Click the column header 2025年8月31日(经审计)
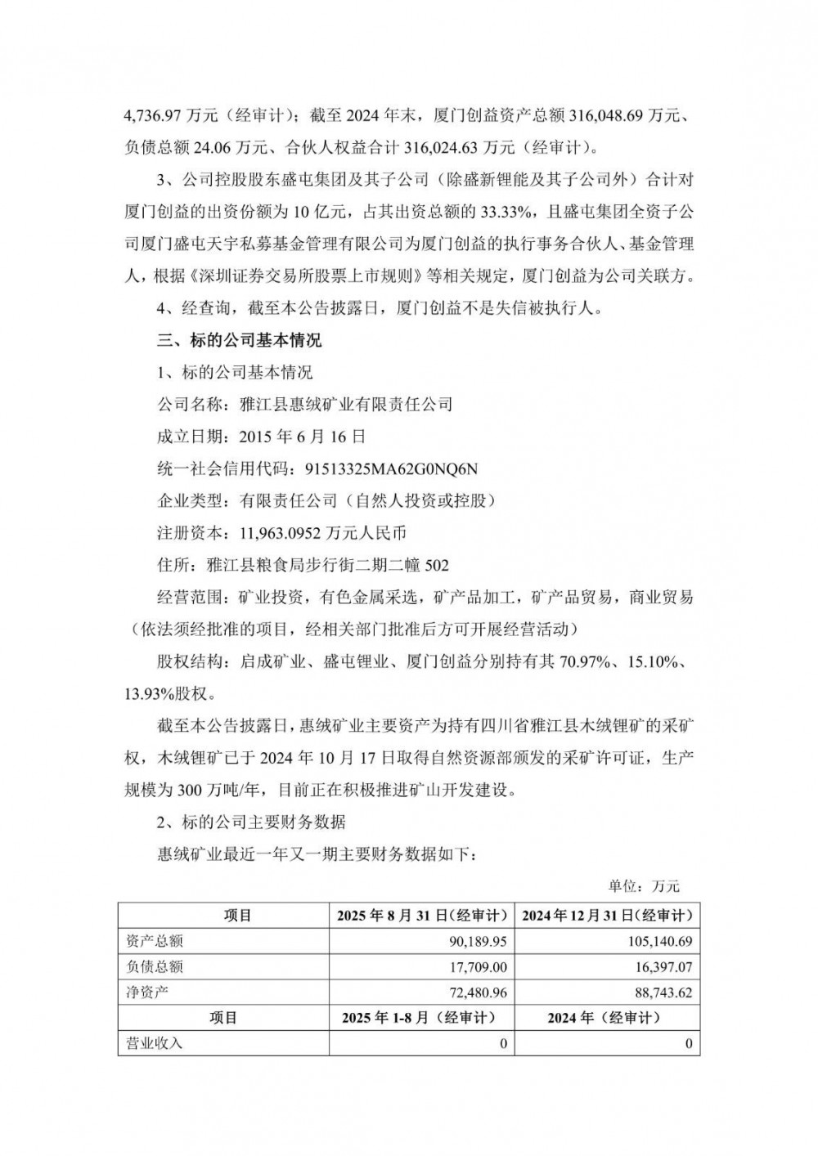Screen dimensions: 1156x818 coord(420,916)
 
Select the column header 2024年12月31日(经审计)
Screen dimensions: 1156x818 coord(607,916)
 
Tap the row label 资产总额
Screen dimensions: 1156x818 coord(155,941)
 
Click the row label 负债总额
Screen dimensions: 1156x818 coord(155,967)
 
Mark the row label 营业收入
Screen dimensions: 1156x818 coord(155,1043)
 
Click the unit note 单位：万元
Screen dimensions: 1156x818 coord(644,886)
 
